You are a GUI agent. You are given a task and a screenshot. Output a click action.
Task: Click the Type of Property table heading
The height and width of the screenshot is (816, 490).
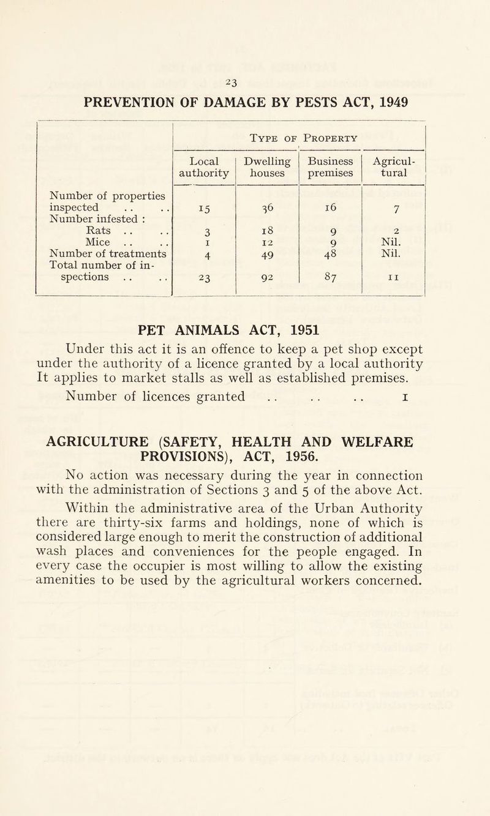(x=300, y=138)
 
